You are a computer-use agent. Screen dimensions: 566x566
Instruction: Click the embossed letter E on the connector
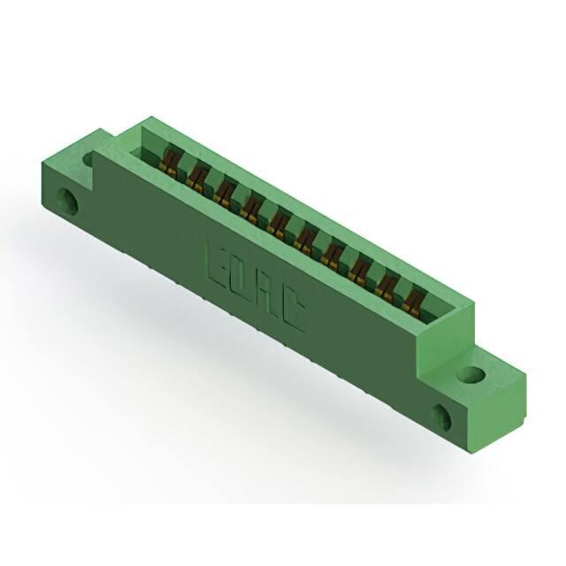[x=219, y=266]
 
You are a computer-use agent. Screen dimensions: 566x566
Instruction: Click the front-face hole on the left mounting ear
[x=67, y=200]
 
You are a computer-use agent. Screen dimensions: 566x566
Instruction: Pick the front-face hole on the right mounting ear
[x=442, y=417]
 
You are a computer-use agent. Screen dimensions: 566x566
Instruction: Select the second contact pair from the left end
[x=196, y=178]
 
